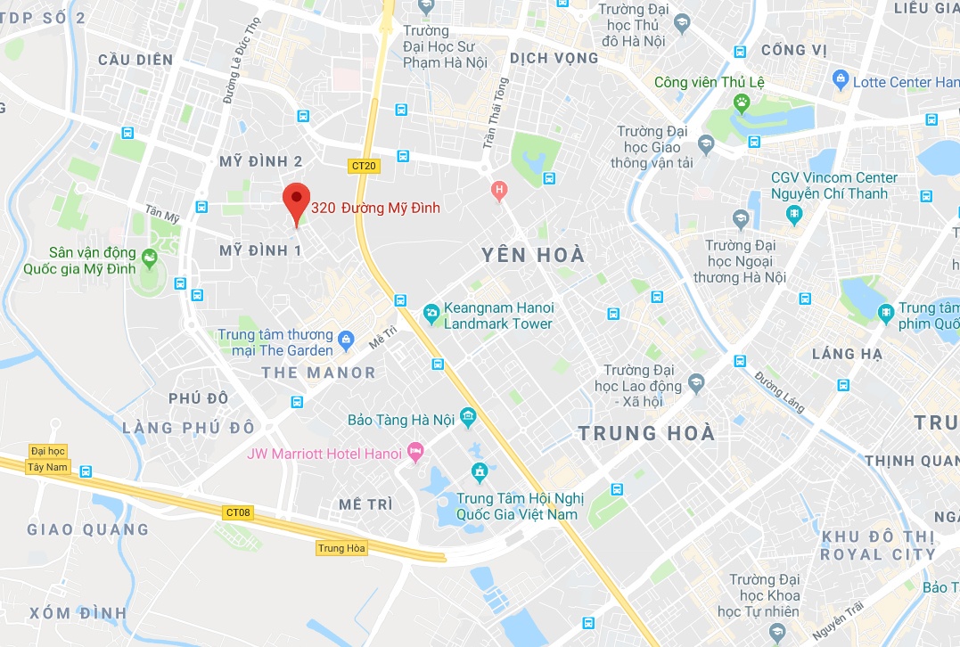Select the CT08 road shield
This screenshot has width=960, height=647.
238,512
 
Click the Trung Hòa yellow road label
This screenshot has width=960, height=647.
342,548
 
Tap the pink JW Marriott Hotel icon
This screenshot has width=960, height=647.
414,452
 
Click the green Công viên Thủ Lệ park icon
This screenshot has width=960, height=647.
741,103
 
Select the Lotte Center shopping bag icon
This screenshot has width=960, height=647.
840,80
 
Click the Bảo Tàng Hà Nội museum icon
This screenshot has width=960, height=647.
469,418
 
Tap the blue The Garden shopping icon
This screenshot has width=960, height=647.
347,340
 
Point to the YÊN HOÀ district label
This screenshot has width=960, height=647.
533,256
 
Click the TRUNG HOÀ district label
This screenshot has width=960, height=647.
646,433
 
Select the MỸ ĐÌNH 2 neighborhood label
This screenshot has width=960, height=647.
261,161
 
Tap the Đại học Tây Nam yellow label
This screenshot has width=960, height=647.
47,459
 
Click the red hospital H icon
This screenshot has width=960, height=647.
499,189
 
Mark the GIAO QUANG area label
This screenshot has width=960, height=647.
87,529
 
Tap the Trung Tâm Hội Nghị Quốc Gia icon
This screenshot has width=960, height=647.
479,471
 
